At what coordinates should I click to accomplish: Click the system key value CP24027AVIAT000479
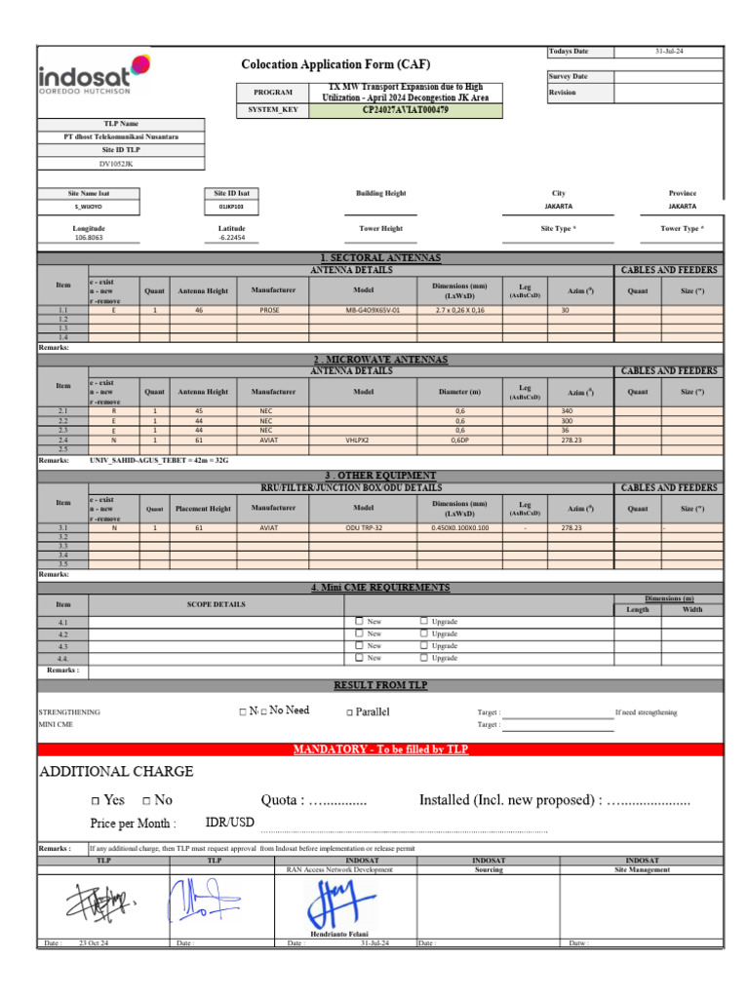406,110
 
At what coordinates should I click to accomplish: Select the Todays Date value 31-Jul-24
670,51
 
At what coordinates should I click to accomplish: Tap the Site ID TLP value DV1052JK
122,164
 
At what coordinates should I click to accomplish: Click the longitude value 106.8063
90,238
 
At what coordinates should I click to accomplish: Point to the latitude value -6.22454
232,238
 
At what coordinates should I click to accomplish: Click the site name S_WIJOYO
90,207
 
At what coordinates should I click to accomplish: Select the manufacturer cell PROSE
269,310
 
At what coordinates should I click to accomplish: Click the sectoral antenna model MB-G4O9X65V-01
373,310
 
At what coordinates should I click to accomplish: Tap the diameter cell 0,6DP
460,441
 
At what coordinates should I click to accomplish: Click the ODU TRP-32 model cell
364,527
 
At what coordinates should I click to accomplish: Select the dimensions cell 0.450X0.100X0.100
460,527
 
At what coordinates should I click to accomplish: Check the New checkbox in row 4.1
360,621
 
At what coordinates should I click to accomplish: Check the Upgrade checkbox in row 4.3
424,645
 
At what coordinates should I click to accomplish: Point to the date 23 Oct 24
94,943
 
